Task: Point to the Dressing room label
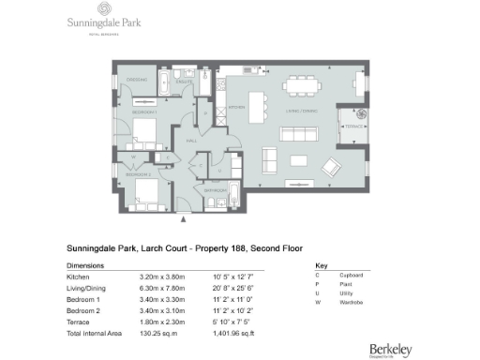click(x=138, y=80)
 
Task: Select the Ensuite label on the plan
click(x=185, y=82)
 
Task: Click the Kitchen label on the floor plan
click(x=236, y=108)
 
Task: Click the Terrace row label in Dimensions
click(x=76, y=322)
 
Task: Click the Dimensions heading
click(x=85, y=265)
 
